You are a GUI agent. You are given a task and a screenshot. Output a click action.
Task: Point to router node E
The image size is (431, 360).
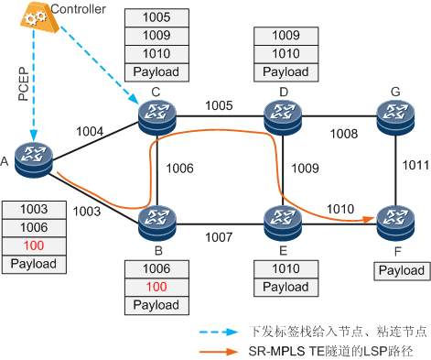pyautogui.click(x=283, y=219)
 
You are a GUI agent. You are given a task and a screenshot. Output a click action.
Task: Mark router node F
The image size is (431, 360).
pyautogui.click(x=395, y=219)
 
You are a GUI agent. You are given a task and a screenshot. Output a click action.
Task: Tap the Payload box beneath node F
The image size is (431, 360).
pyautogui.click(x=400, y=270)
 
